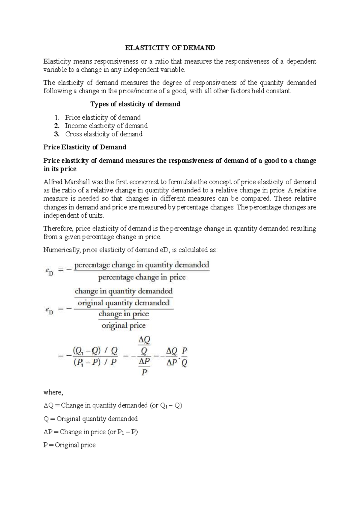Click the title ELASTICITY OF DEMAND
[170, 48]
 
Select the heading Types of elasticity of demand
[135, 104]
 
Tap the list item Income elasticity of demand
[106, 126]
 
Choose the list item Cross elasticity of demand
[104, 134]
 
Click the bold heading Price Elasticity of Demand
[85, 147]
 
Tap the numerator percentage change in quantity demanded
[142, 265]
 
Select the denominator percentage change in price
[142, 277]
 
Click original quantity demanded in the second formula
[124, 303]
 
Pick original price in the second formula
[124, 326]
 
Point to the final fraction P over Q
[184, 357]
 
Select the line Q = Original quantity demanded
[90, 419]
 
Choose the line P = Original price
[69, 445]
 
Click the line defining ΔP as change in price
[91, 432]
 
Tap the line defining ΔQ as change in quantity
[113, 405]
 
